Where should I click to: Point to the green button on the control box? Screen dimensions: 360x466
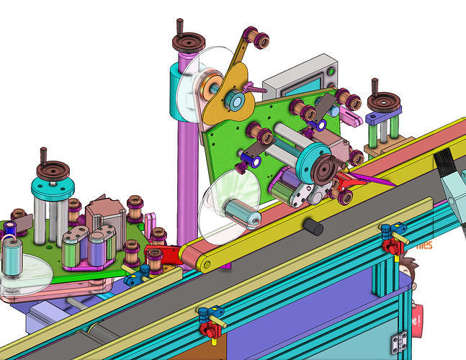coord(331,71)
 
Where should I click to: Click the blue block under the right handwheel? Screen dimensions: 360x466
coord(382,117)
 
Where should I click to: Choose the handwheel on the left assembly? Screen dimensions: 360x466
coord(54,171)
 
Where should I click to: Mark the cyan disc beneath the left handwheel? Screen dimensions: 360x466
coord(53,189)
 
